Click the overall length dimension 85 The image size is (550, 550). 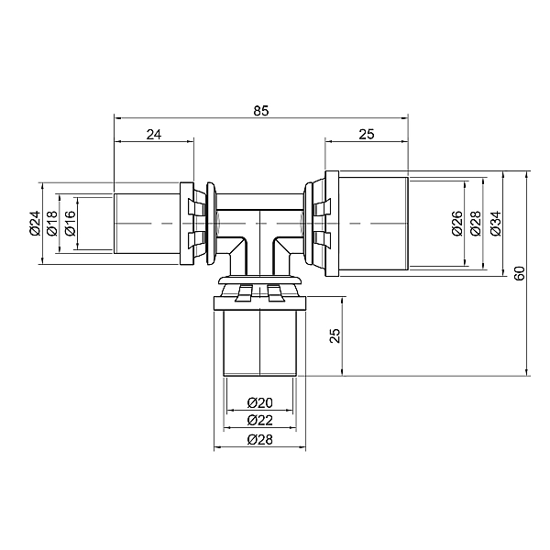[x=261, y=111]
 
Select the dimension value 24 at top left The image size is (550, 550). [x=154, y=134]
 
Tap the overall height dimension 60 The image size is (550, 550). [x=520, y=273]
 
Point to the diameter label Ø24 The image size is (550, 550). [x=36, y=224]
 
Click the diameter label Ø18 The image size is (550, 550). [x=52, y=224]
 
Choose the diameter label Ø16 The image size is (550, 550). [x=70, y=224]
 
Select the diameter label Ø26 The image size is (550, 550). [x=457, y=224]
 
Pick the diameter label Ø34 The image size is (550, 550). [x=496, y=224]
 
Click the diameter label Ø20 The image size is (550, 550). [x=259, y=402]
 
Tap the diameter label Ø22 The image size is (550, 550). [x=259, y=420]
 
